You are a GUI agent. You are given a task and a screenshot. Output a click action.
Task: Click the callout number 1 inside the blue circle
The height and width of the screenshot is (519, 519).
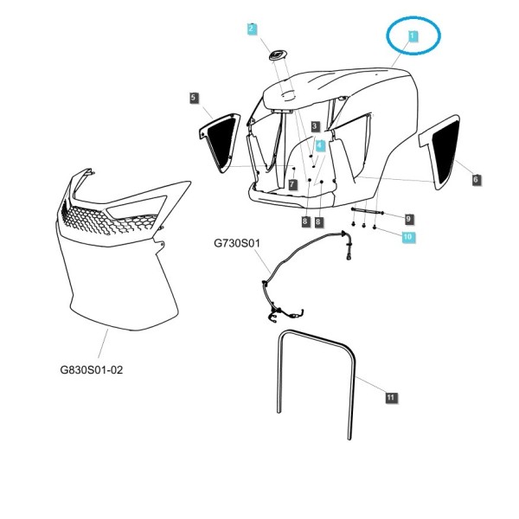pyautogui.click(x=412, y=36)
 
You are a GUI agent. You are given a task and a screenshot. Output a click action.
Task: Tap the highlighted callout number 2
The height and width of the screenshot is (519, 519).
pyautogui.click(x=252, y=29)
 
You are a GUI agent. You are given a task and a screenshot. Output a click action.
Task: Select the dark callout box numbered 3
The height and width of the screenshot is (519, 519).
pyautogui.click(x=315, y=126)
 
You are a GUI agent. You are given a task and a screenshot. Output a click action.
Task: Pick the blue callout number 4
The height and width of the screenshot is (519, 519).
pyautogui.click(x=320, y=145)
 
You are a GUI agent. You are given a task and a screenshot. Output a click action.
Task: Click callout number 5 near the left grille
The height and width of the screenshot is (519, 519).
pyautogui.click(x=194, y=98)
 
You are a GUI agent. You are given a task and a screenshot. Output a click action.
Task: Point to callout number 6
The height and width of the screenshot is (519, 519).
pyautogui.click(x=476, y=180)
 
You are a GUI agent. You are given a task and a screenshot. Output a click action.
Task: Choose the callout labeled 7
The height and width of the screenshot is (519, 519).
pyautogui.click(x=292, y=184)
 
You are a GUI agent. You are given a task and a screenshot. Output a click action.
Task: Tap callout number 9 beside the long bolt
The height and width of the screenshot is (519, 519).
pyautogui.click(x=408, y=219)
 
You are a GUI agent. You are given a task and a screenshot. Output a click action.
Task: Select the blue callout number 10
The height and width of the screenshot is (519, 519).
pyautogui.click(x=407, y=237)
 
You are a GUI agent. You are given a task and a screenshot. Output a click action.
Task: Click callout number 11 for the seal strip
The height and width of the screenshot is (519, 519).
pyautogui.click(x=391, y=398)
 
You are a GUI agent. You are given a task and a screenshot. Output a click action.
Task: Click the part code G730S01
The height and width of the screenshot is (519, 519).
pyautogui.click(x=237, y=243)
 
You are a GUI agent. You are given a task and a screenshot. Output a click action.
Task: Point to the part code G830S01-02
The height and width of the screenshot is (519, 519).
pyautogui.click(x=92, y=369)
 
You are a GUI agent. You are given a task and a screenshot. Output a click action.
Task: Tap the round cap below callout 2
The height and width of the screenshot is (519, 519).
pyautogui.click(x=278, y=55)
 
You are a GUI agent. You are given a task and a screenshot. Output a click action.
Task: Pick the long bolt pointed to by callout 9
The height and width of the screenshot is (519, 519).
pyautogui.click(x=368, y=211)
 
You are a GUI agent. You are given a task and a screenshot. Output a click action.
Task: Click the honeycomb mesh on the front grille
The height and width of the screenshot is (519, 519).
pyautogui.click(x=109, y=219)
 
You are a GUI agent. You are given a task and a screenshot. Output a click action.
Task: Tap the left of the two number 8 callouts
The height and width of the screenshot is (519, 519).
pyautogui.click(x=305, y=221)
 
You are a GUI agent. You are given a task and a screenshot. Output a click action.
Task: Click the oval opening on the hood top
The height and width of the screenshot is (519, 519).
pyautogui.click(x=288, y=94)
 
